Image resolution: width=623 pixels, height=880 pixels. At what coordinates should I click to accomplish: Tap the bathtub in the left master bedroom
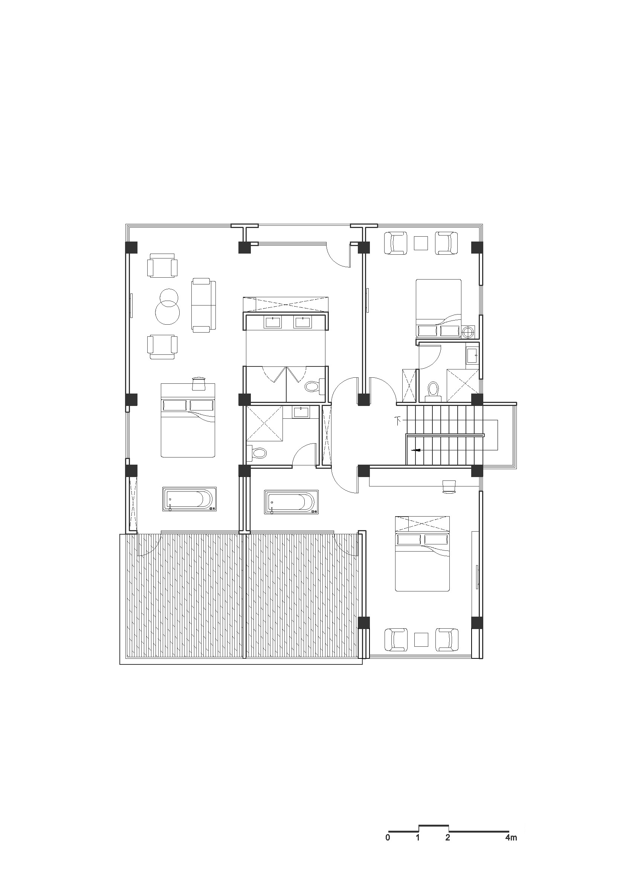point(189,499)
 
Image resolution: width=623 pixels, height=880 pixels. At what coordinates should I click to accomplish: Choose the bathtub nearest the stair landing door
point(291,502)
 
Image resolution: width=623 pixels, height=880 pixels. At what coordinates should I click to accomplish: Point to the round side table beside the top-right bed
point(468,332)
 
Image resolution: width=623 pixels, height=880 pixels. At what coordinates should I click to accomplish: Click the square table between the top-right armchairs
point(421,243)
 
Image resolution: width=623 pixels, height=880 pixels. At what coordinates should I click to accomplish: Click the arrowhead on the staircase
point(416,450)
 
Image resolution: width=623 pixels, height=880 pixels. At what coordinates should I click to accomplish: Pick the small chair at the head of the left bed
point(199,383)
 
